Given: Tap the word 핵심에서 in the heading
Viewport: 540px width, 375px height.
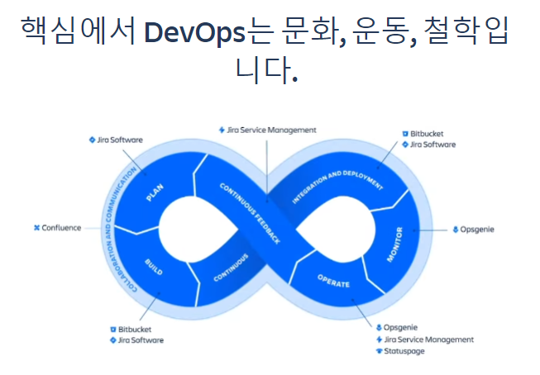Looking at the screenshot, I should pos(78,33).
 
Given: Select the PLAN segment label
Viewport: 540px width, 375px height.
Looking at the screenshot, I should pos(155,192).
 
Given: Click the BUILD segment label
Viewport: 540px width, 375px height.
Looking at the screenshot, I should pos(153,265).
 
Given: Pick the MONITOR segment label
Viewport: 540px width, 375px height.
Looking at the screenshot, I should pos(394,244).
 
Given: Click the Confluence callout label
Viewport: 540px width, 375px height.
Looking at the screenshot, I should pos(61,228).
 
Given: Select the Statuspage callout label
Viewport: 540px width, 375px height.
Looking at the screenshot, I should pos(404,351).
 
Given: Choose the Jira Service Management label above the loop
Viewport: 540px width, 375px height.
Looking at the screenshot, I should pos(271,130).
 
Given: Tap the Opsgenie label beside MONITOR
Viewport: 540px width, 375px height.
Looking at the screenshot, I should pos(478,229).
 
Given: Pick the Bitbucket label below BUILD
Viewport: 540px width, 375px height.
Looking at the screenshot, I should pos(134,329).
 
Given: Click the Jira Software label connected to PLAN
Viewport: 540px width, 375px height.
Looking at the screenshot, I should pos(120,140).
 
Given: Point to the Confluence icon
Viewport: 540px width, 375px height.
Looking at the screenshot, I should pos(36,228).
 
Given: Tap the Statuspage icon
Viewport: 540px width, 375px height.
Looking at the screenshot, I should pos(379,351).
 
